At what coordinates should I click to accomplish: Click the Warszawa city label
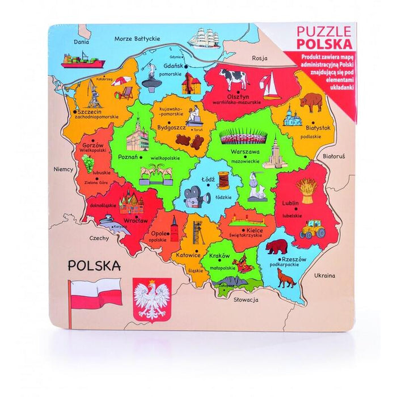[x=245, y=152]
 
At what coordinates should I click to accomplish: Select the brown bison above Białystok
[x=311, y=102]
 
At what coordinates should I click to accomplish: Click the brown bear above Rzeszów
[x=277, y=246]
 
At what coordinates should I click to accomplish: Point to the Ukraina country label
[x=325, y=276]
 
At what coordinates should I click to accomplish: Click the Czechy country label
[x=99, y=238]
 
